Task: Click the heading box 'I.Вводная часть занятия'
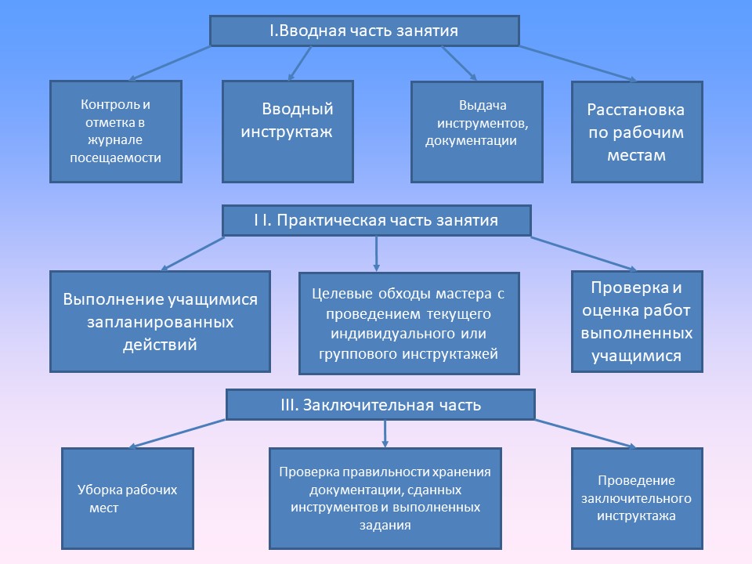click(x=364, y=31)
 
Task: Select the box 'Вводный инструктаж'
click(x=287, y=132)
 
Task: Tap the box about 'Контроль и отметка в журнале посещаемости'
click(x=116, y=132)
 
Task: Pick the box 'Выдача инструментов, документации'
click(x=477, y=132)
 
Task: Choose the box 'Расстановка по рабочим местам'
click(x=637, y=132)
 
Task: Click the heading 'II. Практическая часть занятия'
click(x=377, y=221)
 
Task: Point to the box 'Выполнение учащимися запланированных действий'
click(x=160, y=321)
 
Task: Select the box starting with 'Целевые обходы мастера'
click(x=409, y=324)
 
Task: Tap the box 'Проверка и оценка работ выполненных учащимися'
click(x=637, y=321)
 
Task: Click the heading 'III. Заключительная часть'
click(x=381, y=405)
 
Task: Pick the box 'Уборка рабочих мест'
click(x=128, y=498)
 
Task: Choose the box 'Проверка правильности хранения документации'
click(x=385, y=498)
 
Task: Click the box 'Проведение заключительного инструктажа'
click(x=637, y=498)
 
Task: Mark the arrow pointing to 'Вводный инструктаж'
click(x=300, y=63)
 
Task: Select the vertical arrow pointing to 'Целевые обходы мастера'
click(x=377, y=254)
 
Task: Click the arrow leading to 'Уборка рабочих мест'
click(x=177, y=433)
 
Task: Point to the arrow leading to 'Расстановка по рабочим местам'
click(x=578, y=63)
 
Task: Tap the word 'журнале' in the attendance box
click(x=115, y=140)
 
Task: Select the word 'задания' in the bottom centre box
click(x=385, y=525)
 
